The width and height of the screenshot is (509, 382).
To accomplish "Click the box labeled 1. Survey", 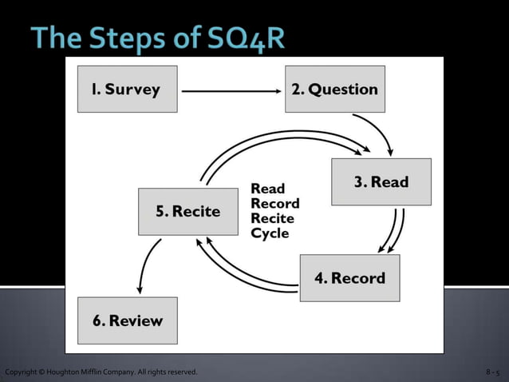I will (x=127, y=89).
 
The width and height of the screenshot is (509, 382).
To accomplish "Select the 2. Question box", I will (x=335, y=89).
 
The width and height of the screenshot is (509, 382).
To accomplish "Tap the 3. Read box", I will (x=381, y=182).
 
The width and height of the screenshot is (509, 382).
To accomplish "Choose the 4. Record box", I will (x=349, y=278).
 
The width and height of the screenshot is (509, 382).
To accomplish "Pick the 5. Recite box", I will (x=187, y=212).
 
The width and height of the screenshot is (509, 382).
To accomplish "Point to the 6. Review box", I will (x=127, y=321).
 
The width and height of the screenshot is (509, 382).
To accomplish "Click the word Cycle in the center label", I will (x=270, y=233).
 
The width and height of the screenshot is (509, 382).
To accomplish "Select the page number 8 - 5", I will (x=492, y=373).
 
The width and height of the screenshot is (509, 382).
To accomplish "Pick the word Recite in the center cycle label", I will (x=272, y=218).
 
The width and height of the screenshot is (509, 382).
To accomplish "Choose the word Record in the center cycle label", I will (x=274, y=203).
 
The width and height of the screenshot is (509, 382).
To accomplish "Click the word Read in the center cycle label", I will (x=267, y=189).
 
